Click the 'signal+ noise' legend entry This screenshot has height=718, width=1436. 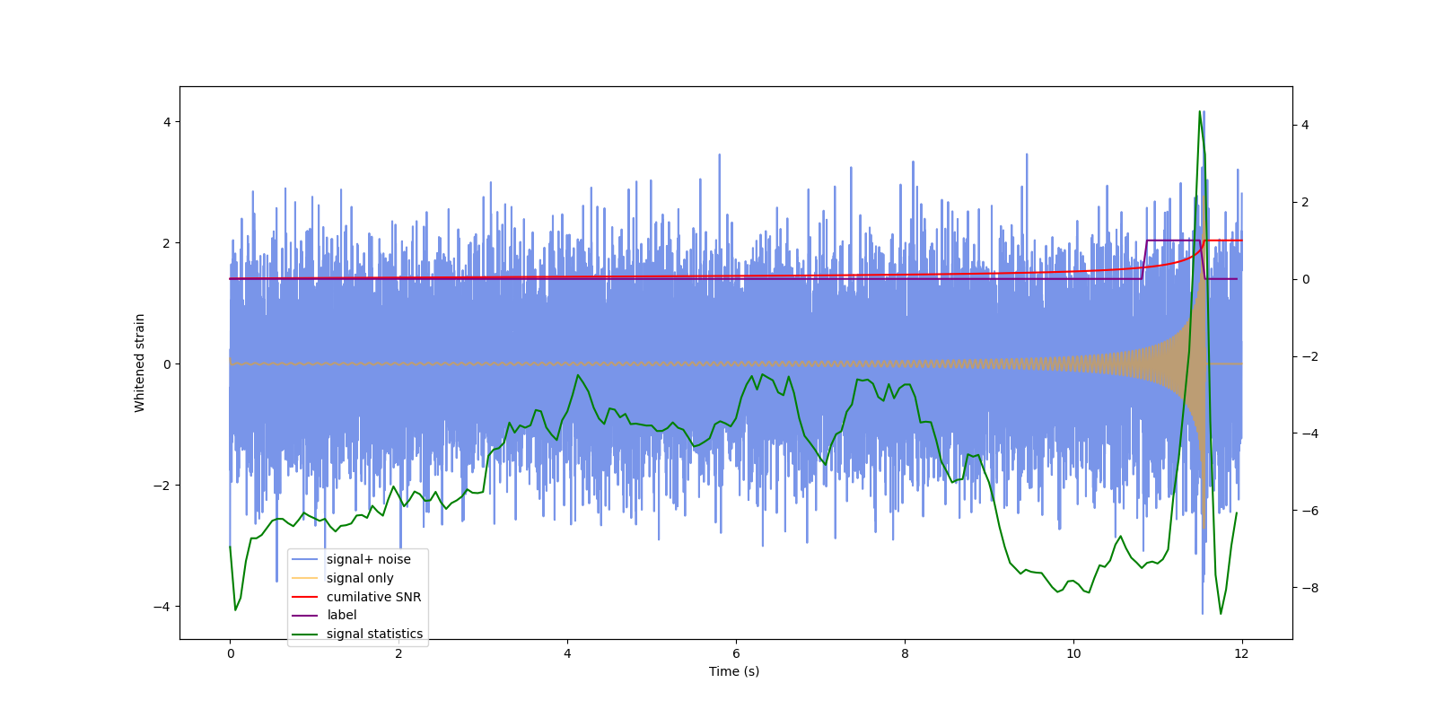pos(368,559)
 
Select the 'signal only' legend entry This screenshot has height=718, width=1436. pos(359,578)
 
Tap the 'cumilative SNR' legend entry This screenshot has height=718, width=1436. pos(373,597)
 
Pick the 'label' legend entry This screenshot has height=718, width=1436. pos(341,615)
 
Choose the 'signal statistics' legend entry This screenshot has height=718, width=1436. pos(374,634)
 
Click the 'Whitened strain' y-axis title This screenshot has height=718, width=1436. pos(140,363)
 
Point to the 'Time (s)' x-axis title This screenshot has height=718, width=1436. pos(734,671)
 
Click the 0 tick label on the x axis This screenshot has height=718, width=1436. pos(230,653)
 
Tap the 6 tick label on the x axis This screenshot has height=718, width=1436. pos(736,653)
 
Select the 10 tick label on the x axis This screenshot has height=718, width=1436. pos(1073,653)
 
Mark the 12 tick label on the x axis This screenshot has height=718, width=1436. pos(1242,653)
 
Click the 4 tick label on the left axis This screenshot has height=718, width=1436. pos(167,122)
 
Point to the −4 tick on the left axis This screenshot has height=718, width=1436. pos(163,607)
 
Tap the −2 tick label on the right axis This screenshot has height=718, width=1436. pos(1309,356)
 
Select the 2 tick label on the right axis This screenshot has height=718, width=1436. pos(1306,202)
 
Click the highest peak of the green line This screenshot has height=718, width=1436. pos(1200,112)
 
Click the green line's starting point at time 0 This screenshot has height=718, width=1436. pos(230,547)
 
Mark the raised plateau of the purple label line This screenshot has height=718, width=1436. pos(1173,241)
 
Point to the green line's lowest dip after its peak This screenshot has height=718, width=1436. pos(1221,613)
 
